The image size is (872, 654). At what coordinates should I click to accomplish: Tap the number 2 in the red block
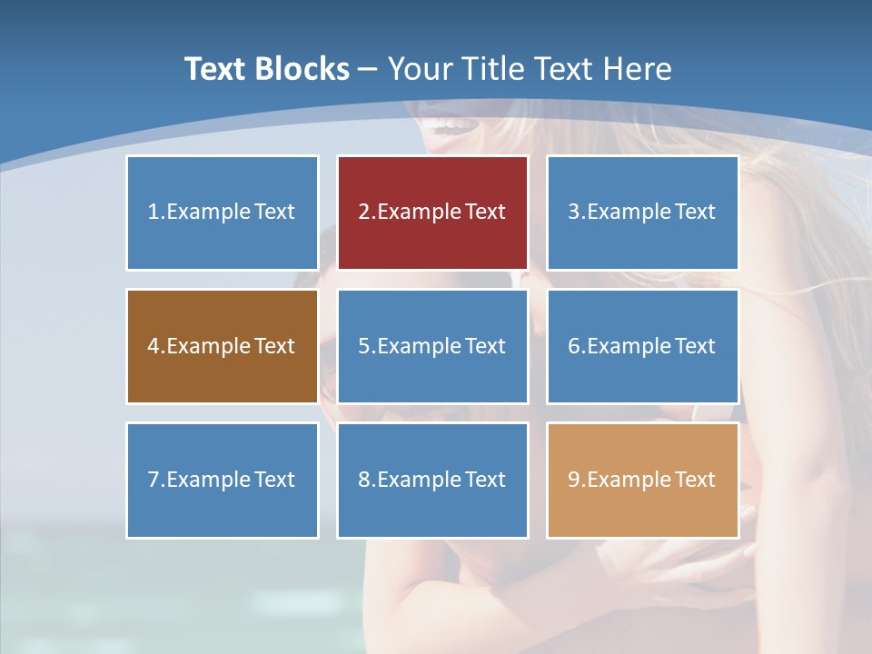(x=363, y=212)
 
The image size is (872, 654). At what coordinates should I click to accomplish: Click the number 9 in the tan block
(x=573, y=480)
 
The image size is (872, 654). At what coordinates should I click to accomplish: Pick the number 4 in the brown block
(x=154, y=346)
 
